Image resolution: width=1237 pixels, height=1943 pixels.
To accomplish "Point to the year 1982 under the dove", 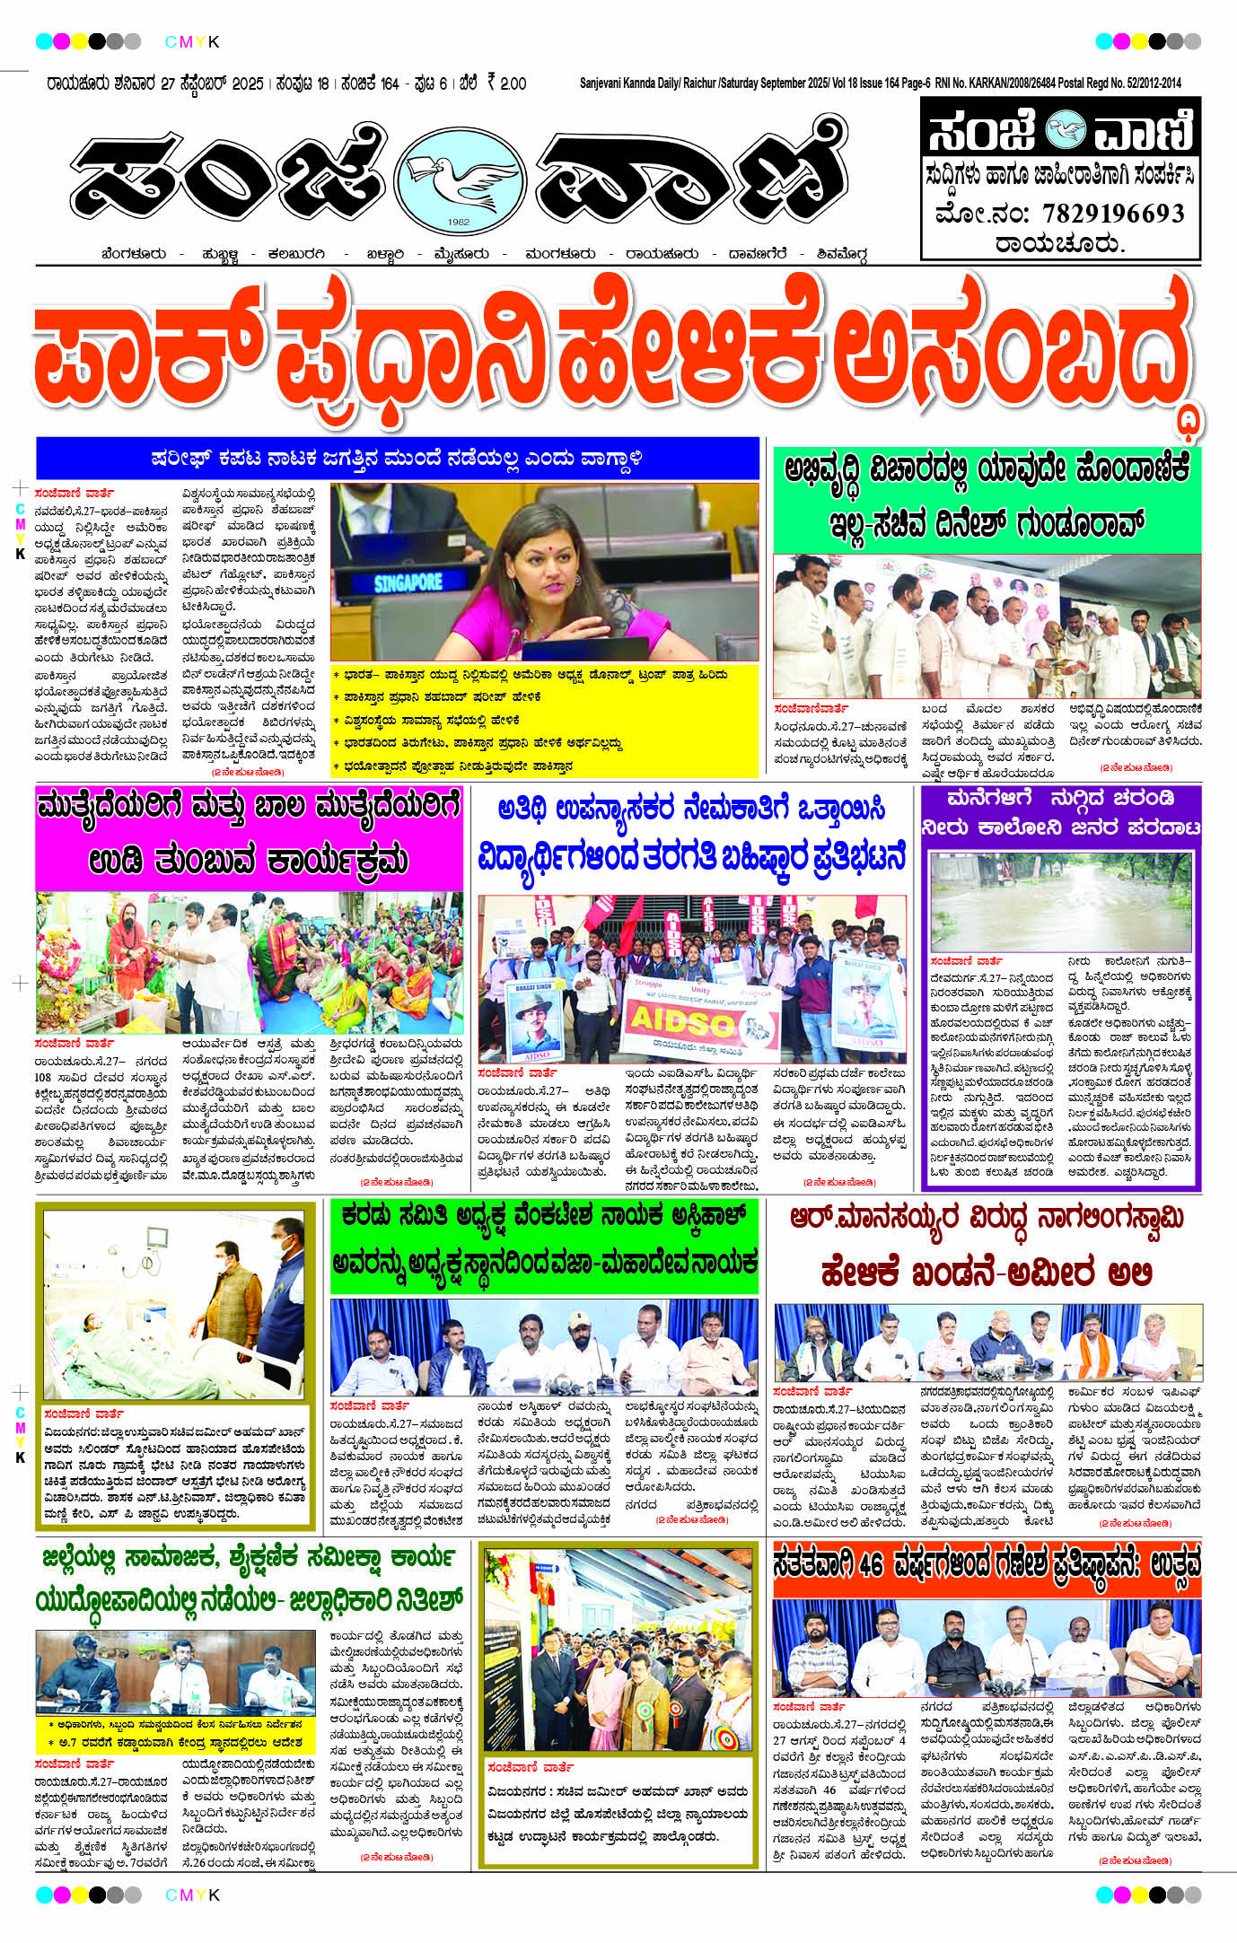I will tap(459, 223).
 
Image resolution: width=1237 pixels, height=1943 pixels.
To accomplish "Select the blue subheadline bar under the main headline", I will tap(397, 459).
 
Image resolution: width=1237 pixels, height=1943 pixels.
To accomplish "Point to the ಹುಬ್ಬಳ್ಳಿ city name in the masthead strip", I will tap(220, 254).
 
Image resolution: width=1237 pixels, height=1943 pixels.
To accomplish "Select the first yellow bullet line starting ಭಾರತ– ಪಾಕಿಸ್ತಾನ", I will tap(530, 675).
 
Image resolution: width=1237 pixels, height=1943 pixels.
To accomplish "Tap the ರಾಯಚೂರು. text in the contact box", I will tap(1059, 243).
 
